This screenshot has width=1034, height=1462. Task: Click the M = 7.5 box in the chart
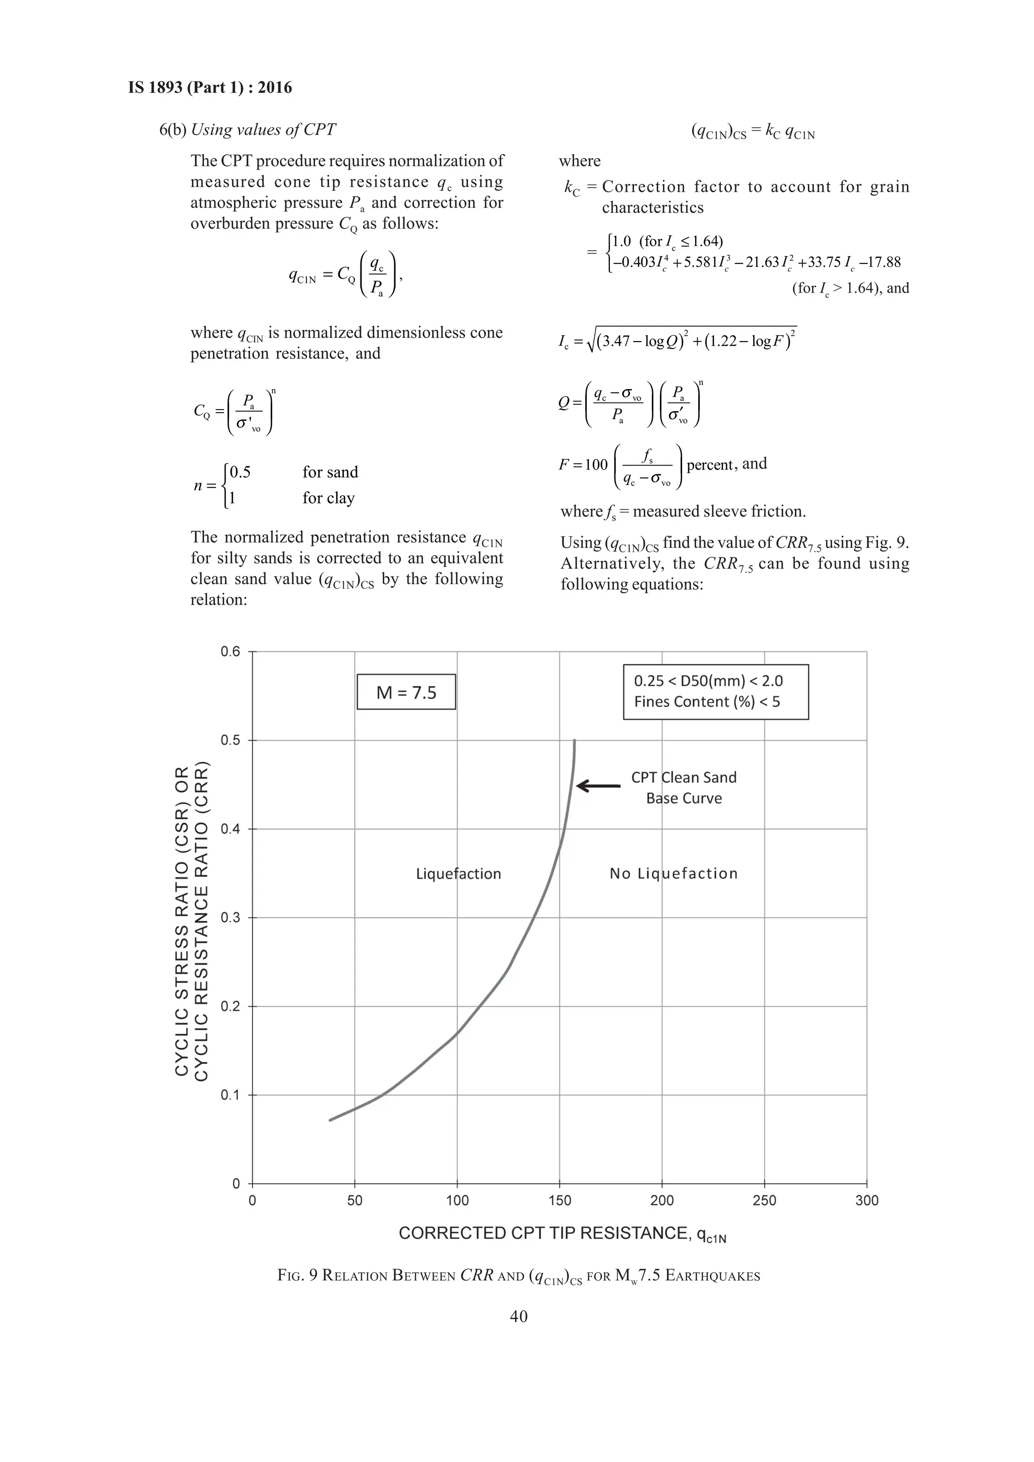coord(406,692)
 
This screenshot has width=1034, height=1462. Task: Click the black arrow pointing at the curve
coord(598,786)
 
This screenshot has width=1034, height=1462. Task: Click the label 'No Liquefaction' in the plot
coord(674,874)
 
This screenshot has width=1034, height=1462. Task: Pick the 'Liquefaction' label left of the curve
coord(458,874)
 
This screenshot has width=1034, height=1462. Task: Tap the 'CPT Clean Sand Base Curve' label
coord(684,788)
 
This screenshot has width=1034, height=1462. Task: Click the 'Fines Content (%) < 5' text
coord(706,702)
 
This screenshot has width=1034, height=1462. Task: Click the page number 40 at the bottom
coord(519,1316)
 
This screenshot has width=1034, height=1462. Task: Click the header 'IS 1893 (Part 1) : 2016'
coord(210,87)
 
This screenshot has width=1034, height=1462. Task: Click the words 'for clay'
coord(328,498)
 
